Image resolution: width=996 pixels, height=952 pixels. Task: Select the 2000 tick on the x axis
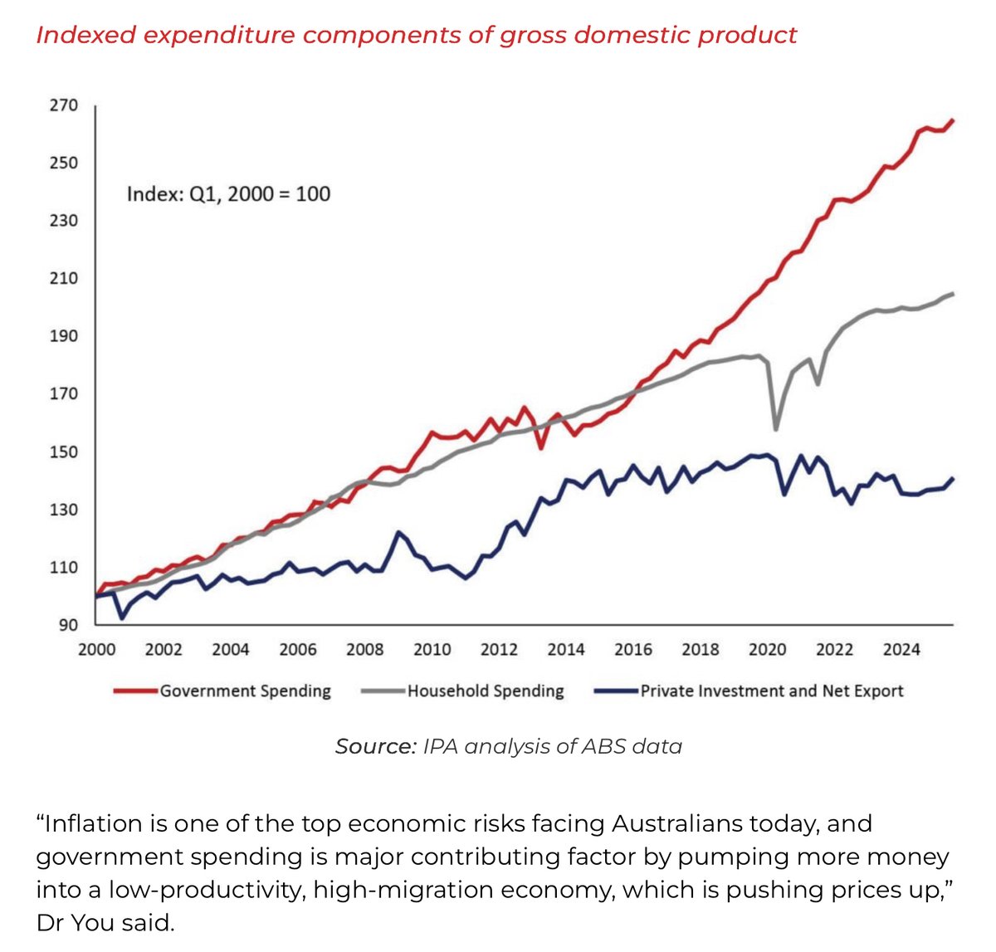(x=97, y=650)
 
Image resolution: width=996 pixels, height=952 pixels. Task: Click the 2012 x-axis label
(x=499, y=650)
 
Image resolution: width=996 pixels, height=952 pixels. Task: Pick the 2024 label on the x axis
(x=901, y=650)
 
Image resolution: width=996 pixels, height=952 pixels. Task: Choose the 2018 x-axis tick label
(x=700, y=650)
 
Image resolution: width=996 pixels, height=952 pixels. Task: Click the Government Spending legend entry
(x=245, y=691)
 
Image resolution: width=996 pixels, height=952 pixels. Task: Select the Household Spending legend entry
(x=485, y=691)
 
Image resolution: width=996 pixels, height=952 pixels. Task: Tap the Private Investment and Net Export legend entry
(x=771, y=691)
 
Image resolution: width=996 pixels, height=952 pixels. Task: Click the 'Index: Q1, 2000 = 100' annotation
(x=228, y=194)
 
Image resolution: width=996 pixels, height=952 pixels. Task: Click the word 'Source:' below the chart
(x=375, y=747)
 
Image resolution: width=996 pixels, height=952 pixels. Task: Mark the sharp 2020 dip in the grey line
(x=775, y=428)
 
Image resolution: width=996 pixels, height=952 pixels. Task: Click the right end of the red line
(x=953, y=120)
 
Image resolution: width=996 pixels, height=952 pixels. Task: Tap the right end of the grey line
(x=953, y=294)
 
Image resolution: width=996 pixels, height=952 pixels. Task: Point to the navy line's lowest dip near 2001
(x=122, y=618)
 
